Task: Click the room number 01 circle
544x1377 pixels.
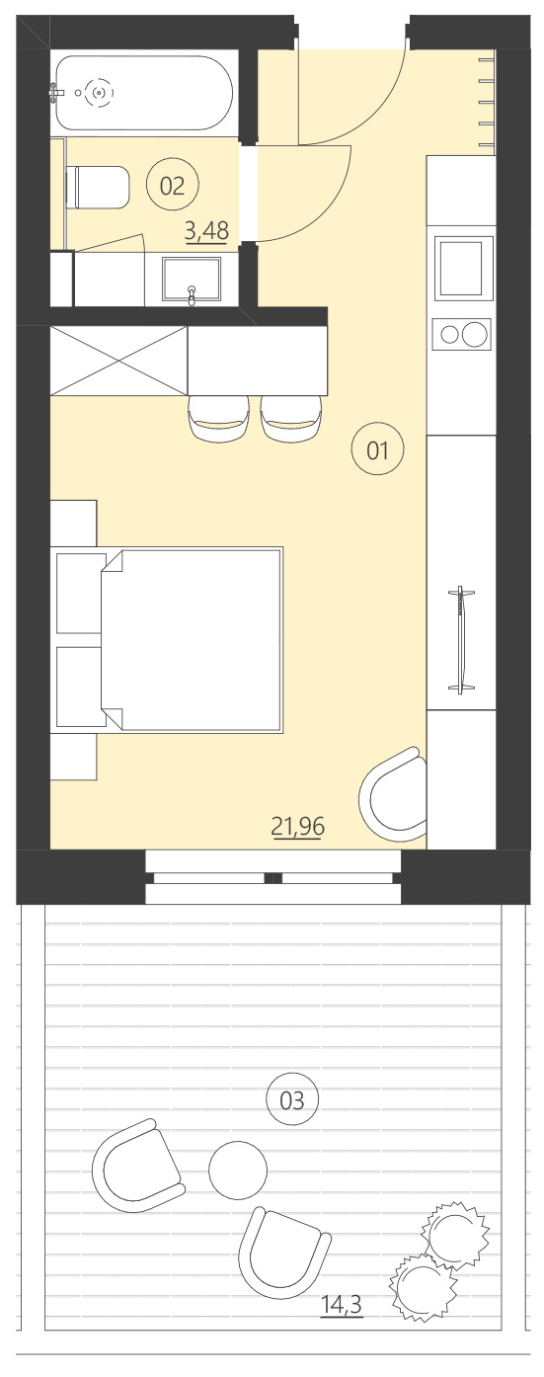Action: click(x=377, y=451)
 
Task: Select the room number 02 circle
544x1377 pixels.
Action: click(x=172, y=186)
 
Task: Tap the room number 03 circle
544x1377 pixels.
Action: click(x=292, y=1099)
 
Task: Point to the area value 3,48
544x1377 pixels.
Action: click(x=206, y=231)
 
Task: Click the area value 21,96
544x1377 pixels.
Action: click(x=298, y=826)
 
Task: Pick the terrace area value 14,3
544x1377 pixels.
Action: click(x=342, y=1306)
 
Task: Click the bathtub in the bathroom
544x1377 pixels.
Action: click(x=143, y=93)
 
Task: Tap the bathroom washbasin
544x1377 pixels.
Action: click(x=192, y=278)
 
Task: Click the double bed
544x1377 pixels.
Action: click(x=193, y=639)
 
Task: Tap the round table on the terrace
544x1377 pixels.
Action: click(x=238, y=1170)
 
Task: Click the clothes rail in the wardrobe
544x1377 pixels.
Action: click(x=461, y=639)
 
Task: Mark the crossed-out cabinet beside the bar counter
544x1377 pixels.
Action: click(x=118, y=361)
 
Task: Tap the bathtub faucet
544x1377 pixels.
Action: click(x=56, y=93)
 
